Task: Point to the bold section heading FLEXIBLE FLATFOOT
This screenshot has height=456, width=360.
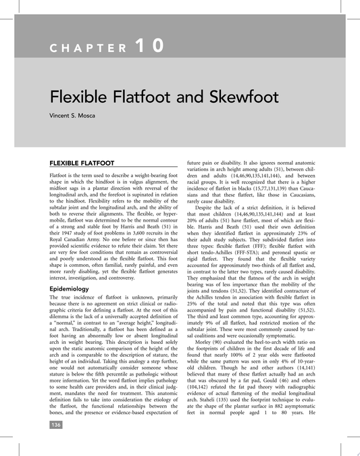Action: (x=82, y=163)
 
